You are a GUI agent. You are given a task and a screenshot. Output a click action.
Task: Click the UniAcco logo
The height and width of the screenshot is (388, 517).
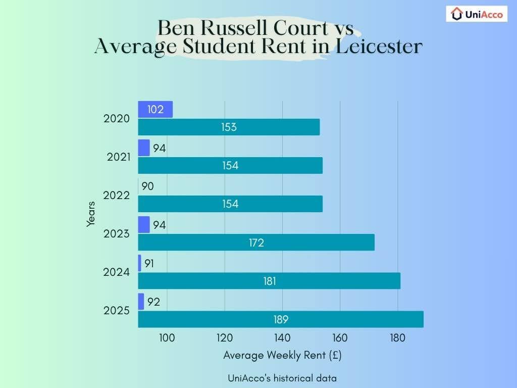coord(477,14)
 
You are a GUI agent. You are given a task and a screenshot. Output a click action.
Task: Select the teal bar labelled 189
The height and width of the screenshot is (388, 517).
coord(280,319)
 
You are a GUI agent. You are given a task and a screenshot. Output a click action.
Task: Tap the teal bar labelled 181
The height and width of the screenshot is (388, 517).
coord(269,281)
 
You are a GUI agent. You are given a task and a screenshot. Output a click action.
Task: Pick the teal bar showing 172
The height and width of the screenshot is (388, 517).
coord(256,243)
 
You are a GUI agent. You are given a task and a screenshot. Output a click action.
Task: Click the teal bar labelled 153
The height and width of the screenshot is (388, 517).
coord(229,127)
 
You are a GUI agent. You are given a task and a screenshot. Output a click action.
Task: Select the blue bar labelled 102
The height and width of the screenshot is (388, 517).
coord(155,110)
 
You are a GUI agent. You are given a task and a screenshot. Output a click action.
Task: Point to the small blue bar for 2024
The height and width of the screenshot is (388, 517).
coord(139,263)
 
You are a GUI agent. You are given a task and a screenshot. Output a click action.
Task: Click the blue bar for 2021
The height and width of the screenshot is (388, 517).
coord(144,148)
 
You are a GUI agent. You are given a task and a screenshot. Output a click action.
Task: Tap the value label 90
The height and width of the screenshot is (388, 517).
coord(147,186)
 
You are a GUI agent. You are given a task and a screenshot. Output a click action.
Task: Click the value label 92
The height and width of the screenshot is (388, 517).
coord(153,302)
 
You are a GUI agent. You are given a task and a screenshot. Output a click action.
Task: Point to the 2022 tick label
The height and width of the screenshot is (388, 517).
coord(117,196)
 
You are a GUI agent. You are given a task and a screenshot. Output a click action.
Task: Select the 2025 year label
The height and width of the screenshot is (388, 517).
coord(117,311)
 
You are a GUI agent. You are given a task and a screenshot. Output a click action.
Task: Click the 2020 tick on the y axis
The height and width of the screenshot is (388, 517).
coord(117,119)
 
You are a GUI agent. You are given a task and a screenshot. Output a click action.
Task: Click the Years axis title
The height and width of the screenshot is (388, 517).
coord(91,214)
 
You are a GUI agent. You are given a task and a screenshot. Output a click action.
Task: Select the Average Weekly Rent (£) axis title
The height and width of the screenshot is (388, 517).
coord(282,355)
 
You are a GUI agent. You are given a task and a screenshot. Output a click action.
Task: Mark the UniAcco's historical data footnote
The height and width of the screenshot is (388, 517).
coord(282,378)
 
